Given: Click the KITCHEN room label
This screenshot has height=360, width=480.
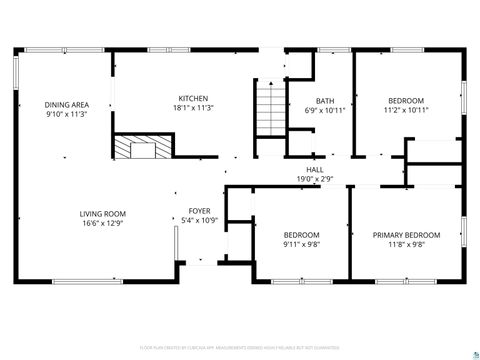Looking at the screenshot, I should pos(193,98).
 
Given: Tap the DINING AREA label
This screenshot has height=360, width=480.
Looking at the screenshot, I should pos(67,105).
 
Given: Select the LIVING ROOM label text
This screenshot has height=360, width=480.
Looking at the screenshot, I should pos(103,212).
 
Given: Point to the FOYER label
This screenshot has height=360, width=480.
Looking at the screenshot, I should pos(200,212).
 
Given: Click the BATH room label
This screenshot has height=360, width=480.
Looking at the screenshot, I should pos(325,101).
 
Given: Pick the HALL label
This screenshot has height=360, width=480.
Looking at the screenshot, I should pos(314,170).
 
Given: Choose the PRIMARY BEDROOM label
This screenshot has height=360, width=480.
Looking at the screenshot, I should pos(406,235).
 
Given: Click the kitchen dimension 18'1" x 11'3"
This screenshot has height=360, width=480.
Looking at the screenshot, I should pos(193,107).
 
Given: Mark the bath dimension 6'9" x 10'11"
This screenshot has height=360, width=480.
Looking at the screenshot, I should pos(325,110).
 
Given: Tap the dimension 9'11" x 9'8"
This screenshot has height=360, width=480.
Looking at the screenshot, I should pos(301,244).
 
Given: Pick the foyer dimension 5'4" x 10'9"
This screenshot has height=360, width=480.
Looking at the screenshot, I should pos(200,221).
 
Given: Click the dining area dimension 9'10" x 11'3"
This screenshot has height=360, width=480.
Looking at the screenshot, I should pos(67,114).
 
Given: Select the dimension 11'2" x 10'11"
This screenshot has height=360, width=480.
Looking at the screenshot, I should pos(406,110).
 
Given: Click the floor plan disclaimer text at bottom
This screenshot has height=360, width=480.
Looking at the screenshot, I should pos(240,349).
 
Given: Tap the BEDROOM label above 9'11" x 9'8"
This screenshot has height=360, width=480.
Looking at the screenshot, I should pos(301,235).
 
